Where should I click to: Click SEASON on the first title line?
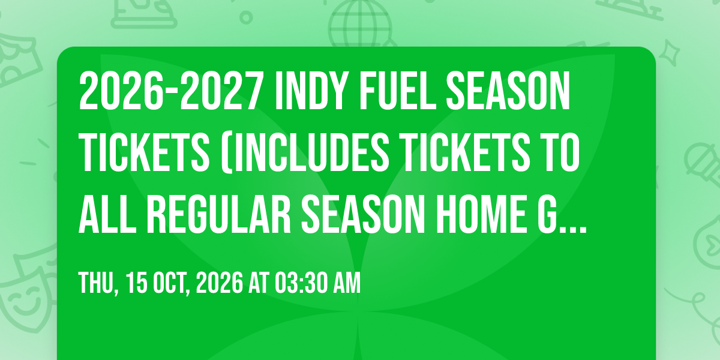(508, 91)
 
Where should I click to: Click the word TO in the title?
(561, 153)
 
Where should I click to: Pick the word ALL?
(107, 214)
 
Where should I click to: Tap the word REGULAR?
(219, 214)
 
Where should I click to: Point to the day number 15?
(137, 283)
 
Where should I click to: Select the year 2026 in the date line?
(220, 283)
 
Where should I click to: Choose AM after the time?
(347, 283)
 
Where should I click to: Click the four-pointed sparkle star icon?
(669, 53)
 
